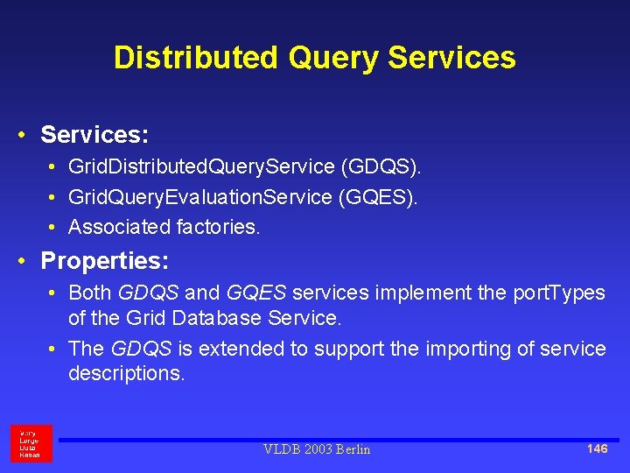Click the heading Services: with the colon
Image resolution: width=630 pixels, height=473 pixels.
click(94, 135)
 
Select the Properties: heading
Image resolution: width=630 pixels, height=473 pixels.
click(105, 261)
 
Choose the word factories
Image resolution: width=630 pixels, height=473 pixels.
click(218, 228)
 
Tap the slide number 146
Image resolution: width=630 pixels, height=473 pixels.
click(597, 448)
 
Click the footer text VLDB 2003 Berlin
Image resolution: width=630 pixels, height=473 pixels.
click(317, 449)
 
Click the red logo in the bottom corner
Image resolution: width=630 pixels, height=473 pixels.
click(31, 443)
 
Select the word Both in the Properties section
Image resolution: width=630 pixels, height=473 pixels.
click(90, 293)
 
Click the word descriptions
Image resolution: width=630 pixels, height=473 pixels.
click(126, 374)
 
